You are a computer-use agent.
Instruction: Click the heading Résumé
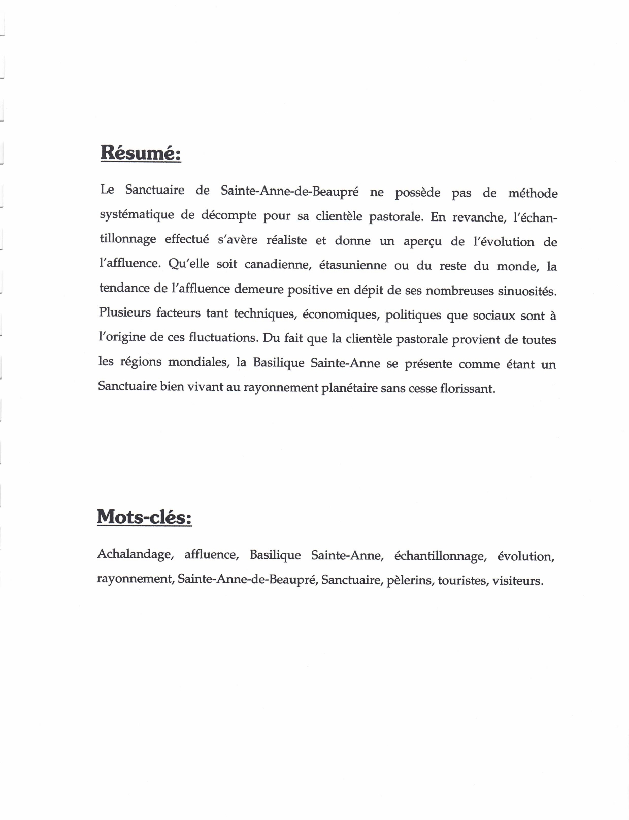click(141, 152)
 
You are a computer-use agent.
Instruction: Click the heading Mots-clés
click(144, 517)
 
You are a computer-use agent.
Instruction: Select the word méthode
click(533, 193)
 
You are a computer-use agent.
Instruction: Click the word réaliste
click(286, 240)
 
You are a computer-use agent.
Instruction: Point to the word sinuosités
click(527, 291)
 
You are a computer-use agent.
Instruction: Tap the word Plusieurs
click(124, 312)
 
